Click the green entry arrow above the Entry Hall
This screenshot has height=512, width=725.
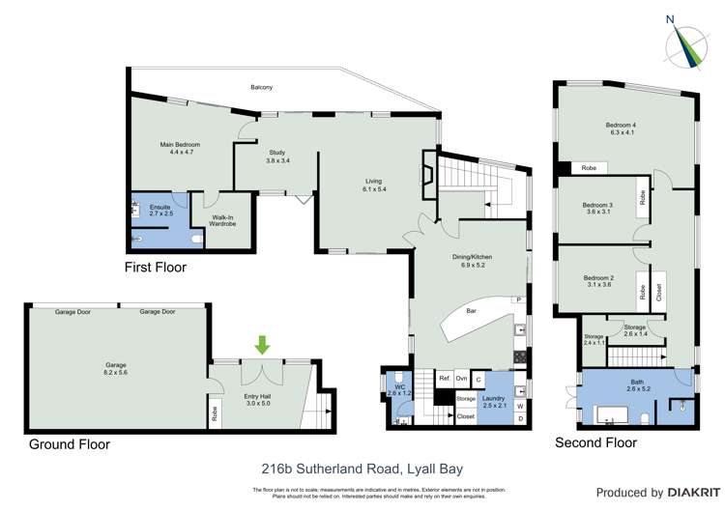coord(262,344)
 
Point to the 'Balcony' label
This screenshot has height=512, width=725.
coord(261,88)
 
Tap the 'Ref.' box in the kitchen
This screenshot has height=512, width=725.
coord(445,379)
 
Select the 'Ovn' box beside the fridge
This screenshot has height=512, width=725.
coord(462,379)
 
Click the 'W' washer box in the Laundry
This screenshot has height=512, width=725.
coord(521,406)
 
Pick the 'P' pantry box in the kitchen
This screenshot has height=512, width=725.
coord(518,300)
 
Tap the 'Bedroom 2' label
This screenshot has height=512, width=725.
coord(598,281)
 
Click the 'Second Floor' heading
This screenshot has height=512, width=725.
coord(595,442)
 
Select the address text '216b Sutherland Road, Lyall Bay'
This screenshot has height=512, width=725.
coord(362,469)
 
